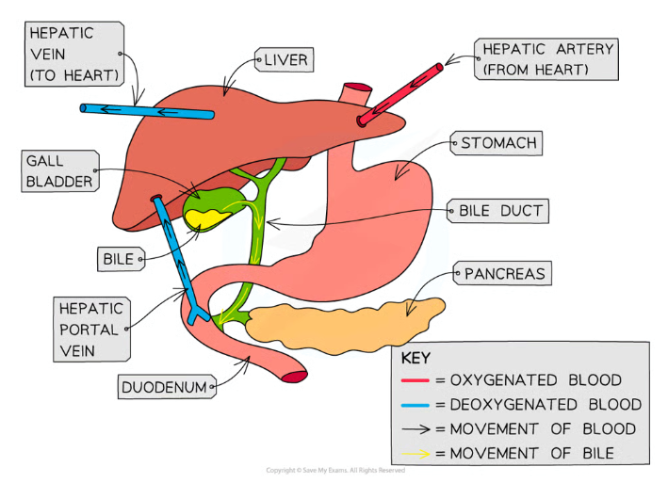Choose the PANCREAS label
pos(504,275)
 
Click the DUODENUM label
pos(166,386)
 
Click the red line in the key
pos(416,381)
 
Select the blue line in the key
pos(416,405)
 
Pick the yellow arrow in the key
pos(416,454)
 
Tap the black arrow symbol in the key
pos(416,429)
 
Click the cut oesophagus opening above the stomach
pos(355,92)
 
